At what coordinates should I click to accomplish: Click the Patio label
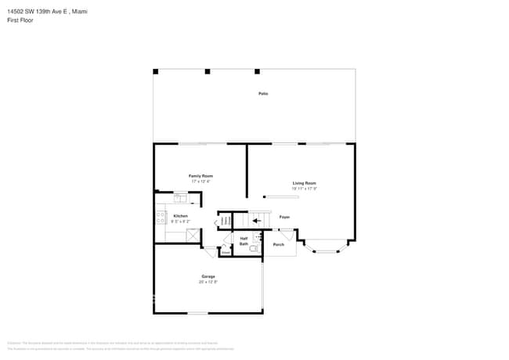point(263,94)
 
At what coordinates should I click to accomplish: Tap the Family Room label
point(200,176)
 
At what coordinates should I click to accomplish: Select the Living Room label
point(304,183)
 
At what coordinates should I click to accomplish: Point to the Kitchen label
point(180,216)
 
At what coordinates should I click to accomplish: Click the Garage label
point(208,276)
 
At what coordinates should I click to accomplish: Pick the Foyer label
point(284,217)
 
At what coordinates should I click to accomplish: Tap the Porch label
point(278,245)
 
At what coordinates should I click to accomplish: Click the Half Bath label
point(244,241)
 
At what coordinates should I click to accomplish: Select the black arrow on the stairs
point(257,221)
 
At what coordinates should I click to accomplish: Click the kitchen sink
point(180,197)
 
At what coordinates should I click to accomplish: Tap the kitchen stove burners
point(161,216)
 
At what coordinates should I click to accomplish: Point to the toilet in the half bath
point(254,248)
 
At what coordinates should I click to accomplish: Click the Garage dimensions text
point(208,282)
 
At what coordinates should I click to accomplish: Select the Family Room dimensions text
point(200,182)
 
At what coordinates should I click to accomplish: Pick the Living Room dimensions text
point(304,189)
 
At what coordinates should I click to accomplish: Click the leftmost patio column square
point(155,72)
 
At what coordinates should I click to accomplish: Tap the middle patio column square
point(208,72)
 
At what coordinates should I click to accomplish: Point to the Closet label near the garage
point(225,252)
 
